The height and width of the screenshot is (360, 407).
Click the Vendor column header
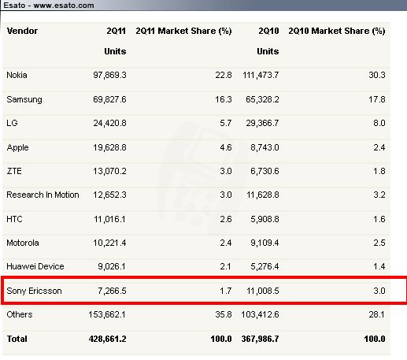click(x=22, y=31)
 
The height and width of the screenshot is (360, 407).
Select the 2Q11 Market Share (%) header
click(x=183, y=31)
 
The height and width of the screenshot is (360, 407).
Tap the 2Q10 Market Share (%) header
click(x=337, y=31)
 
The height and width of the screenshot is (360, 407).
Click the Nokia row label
click(x=17, y=75)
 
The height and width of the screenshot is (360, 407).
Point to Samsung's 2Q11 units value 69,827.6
click(x=109, y=99)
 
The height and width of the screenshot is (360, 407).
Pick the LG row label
click(x=12, y=123)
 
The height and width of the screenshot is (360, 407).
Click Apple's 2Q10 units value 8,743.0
click(x=265, y=147)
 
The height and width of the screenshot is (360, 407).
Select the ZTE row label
click(x=14, y=171)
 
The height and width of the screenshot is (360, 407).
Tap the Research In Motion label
click(x=43, y=195)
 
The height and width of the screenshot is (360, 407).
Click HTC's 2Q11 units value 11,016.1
click(x=109, y=219)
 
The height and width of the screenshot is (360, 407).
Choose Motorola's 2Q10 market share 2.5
click(x=379, y=243)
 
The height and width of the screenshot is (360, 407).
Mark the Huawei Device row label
click(x=35, y=266)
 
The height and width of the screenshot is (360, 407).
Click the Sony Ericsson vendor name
click(x=34, y=291)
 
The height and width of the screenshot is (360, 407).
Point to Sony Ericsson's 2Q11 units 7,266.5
click(x=112, y=291)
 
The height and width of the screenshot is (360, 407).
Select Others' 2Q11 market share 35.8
click(x=224, y=314)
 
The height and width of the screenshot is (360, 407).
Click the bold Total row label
click(x=17, y=339)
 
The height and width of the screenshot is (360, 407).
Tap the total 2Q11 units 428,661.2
click(x=108, y=339)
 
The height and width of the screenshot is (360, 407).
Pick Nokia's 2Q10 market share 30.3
click(x=377, y=75)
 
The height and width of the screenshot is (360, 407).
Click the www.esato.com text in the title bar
click(x=64, y=6)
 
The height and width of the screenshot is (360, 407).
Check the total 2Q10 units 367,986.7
click(x=261, y=339)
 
